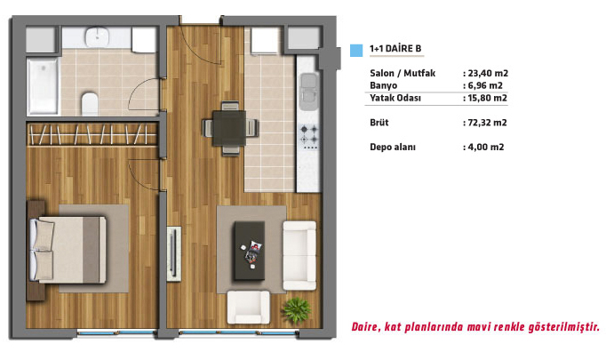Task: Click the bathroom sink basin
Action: (x=97, y=36)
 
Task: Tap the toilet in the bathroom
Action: (x=89, y=104)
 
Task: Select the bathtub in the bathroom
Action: (x=43, y=86)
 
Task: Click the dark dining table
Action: (x=229, y=128)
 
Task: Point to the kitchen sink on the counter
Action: (x=309, y=92)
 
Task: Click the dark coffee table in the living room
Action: (x=250, y=251)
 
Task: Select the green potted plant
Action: (x=297, y=309)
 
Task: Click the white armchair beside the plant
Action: (x=248, y=308)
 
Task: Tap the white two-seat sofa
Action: (x=299, y=255)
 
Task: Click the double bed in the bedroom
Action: (x=68, y=250)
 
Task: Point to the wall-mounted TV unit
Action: (x=174, y=253)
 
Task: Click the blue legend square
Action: (x=356, y=51)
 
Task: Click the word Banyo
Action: (x=383, y=86)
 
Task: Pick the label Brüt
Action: (x=379, y=123)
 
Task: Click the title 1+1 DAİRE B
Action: (x=395, y=49)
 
